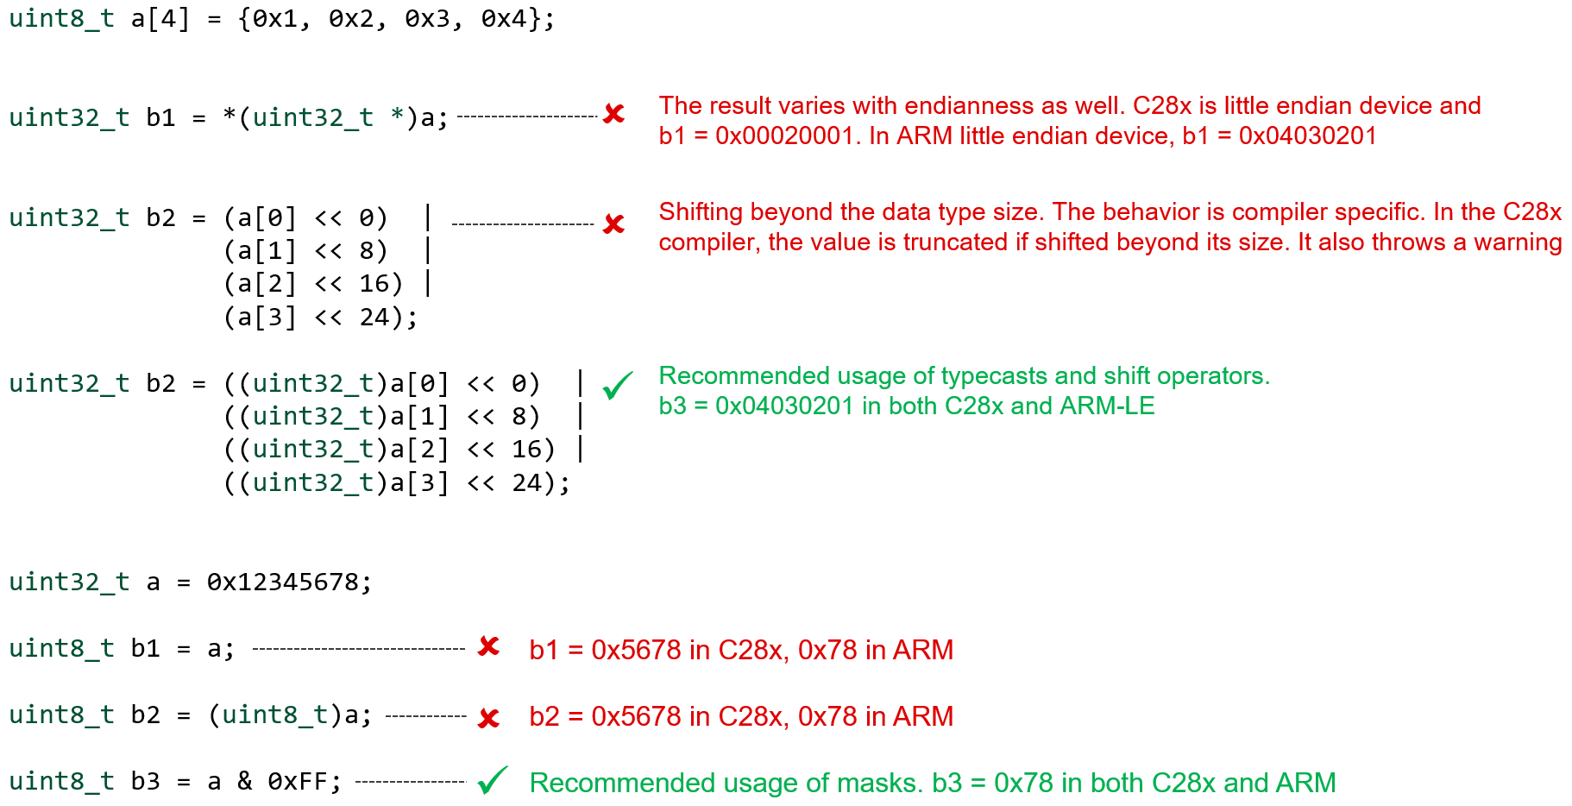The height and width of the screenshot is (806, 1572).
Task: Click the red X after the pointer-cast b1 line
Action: (x=614, y=114)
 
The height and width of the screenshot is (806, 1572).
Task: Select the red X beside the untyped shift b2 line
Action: (x=614, y=224)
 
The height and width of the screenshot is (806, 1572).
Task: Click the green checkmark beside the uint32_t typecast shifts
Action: (x=618, y=385)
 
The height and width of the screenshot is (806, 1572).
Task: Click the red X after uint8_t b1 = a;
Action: (x=489, y=646)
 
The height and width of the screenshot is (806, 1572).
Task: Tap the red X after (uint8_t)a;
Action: (x=489, y=718)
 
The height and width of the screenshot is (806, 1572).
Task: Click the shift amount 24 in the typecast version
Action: (x=526, y=483)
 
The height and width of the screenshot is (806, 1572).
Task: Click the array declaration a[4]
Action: (x=160, y=19)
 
